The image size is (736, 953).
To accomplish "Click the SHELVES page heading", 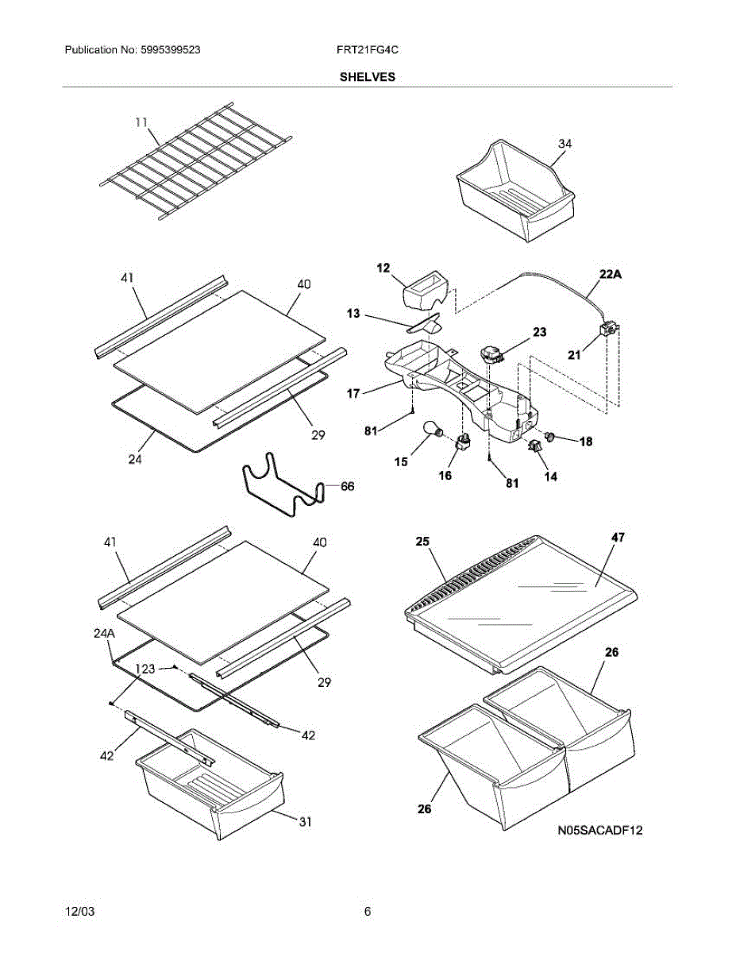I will (368, 77).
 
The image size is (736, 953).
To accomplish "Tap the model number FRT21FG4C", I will (367, 49).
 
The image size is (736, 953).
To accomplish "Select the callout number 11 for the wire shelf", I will (141, 122).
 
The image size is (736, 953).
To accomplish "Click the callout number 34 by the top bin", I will (565, 144).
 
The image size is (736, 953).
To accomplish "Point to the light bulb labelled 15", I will (434, 430).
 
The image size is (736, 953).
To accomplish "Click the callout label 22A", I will (610, 275).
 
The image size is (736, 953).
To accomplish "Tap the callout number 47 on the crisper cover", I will (618, 538).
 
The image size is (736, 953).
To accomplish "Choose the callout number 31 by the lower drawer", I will (304, 823).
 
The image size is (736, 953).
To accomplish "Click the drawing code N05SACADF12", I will (599, 831).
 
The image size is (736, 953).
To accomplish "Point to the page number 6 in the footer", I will (368, 912).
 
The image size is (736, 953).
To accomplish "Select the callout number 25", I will (422, 542).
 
